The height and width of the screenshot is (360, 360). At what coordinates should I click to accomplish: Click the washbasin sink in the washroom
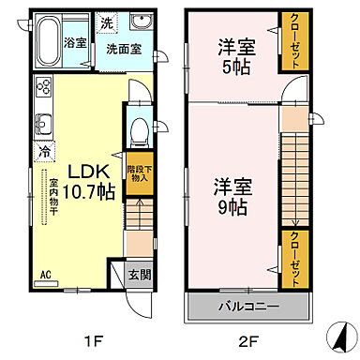(143, 23)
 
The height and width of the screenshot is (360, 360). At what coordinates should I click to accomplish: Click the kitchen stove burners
(43, 89)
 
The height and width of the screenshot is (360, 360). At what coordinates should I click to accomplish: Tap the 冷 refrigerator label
(44, 148)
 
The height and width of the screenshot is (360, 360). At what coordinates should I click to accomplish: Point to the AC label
(44, 275)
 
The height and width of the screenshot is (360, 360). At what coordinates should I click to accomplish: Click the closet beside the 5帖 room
(293, 41)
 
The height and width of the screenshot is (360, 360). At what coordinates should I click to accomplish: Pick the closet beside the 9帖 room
(293, 257)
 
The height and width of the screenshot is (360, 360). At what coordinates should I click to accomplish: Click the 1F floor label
(97, 341)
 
